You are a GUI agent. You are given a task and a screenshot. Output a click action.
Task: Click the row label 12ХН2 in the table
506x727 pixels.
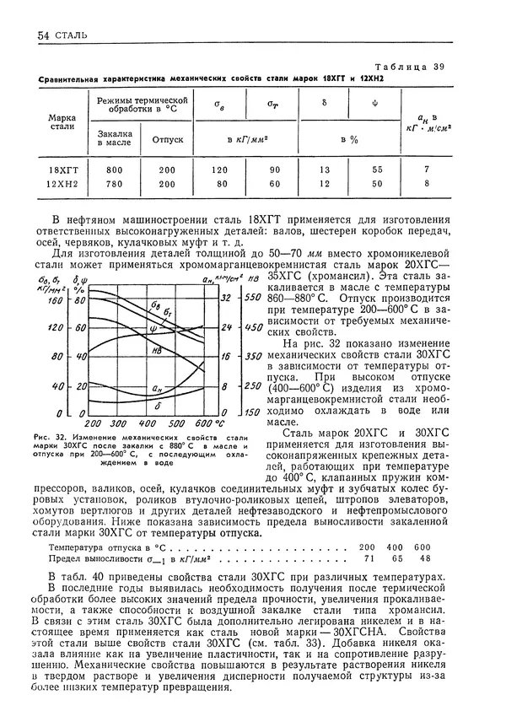(x=63, y=183)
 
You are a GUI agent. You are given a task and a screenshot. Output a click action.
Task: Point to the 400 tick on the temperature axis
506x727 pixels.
(x=148, y=422)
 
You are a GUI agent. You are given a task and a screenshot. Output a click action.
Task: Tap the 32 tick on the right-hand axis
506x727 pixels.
(x=224, y=299)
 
